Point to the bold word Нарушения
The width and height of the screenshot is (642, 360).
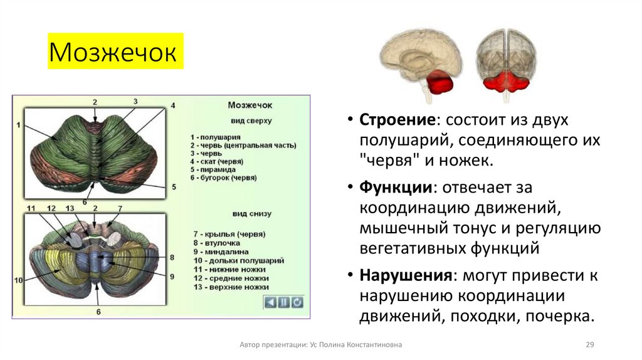[x=405, y=275]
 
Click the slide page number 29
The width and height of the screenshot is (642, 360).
[x=589, y=345]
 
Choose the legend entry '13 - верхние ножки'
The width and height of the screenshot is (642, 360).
[x=231, y=287]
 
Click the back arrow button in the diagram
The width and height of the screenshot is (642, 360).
[x=270, y=302]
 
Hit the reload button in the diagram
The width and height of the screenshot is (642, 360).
[x=297, y=302]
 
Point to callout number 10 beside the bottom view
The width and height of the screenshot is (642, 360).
[x=19, y=280]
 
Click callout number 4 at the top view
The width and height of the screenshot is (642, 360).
[x=173, y=105]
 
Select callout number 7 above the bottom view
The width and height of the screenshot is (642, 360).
[x=120, y=208]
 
